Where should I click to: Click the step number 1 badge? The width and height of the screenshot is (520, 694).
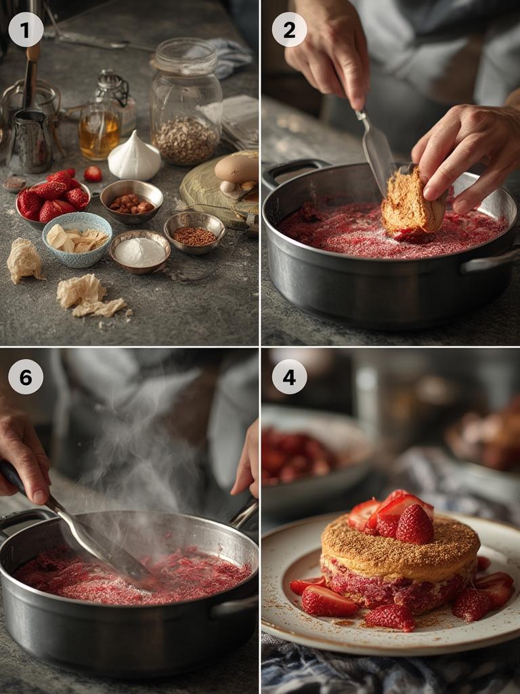(26, 29)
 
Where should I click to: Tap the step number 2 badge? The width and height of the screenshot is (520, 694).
(289, 29)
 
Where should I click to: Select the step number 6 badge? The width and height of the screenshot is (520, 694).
(26, 377)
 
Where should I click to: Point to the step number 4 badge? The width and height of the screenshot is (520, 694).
(289, 377)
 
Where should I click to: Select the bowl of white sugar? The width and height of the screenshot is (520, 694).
(139, 251)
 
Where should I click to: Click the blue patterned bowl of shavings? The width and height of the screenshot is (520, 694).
(77, 239)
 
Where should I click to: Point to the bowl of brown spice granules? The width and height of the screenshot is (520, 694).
(194, 232)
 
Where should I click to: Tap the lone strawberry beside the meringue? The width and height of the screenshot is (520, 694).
(93, 173)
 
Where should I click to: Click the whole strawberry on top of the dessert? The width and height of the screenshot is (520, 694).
(414, 525)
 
